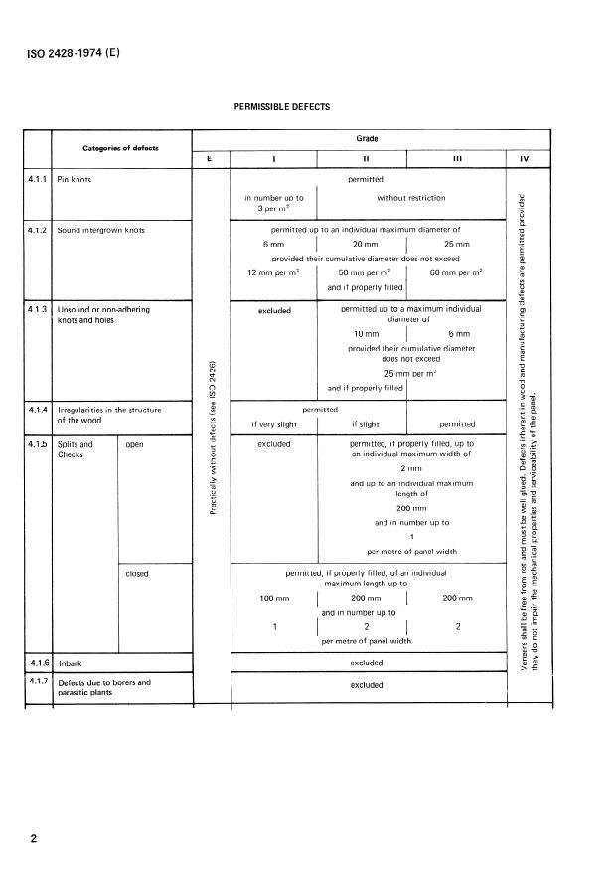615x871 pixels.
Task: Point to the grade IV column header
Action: coord(524,158)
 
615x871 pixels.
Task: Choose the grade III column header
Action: coord(455,158)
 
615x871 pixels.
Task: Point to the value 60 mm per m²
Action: coord(456,272)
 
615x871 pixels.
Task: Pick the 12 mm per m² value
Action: coord(273,272)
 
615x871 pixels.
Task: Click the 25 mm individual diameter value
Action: coord(456,244)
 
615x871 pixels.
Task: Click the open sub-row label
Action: coord(134,444)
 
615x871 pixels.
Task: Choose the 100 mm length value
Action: coord(273,600)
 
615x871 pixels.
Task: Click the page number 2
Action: coord(34,839)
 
